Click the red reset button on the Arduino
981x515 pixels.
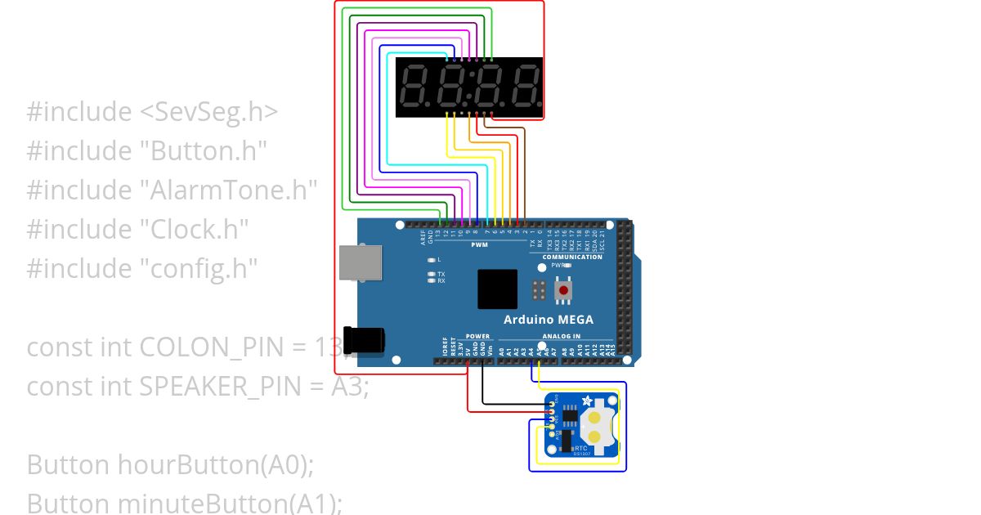(x=562, y=290)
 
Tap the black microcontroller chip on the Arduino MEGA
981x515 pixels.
(x=497, y=289)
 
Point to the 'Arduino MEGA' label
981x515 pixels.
(x=549, y=320)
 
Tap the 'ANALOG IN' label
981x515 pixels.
(x=561, y=336)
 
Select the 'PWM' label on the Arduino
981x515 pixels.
(x=479, y=244)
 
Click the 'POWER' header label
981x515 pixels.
(x=477, y=336)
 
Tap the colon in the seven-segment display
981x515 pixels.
(x=469, y=87)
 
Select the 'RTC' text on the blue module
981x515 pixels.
(x=581, y=449)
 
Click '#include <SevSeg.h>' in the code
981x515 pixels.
(x=152, y=112)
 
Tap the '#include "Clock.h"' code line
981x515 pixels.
(x=137, y=229)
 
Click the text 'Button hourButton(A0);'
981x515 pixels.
(x=170, y=464)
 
